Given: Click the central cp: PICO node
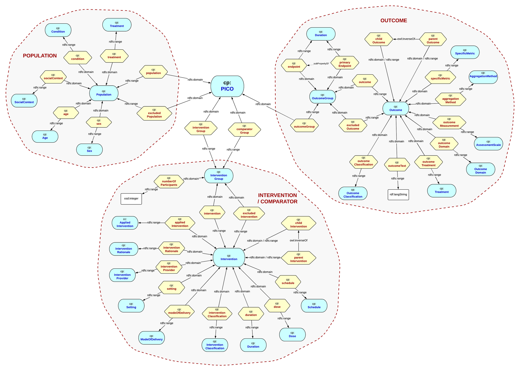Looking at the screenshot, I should pos(227,86).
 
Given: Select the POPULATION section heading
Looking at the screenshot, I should pos(40,56).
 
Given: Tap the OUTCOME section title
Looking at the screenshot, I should pos(393,21).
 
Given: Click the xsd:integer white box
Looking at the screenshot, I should pos(131,198).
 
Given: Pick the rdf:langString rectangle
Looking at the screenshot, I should pos(398,195).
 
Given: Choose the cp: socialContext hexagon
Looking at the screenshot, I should pos(53,77).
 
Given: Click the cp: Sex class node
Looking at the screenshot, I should pos(89,149).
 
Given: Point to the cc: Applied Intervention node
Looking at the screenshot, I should pos(125,223).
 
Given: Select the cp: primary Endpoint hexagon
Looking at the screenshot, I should pos(344,63).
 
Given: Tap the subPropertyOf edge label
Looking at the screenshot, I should pos(321,63).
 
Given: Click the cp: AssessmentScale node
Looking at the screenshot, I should pos(488,144).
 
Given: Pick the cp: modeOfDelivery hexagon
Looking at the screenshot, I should pos(179,311).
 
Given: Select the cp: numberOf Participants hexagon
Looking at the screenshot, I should pos(169,182).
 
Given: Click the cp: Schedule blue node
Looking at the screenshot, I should pos(314,306).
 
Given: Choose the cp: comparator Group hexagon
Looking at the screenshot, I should pos(244,129).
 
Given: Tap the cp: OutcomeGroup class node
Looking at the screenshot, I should pos(322,97).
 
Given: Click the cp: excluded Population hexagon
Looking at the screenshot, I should pos(154,113).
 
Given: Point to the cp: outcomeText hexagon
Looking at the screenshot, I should pos(397,164).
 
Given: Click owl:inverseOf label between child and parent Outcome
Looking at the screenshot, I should pos(406,39).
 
